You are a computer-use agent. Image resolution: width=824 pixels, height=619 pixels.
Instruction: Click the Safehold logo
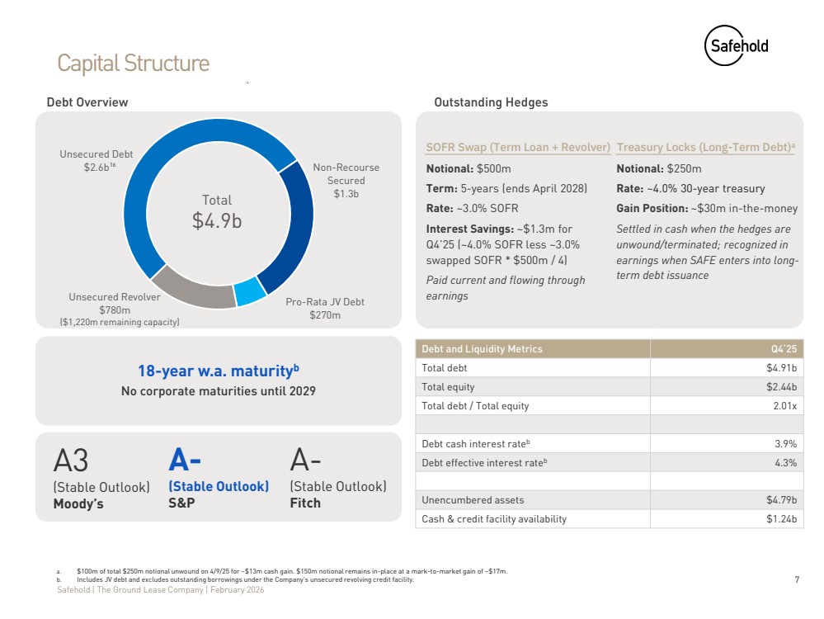[x=737, y=45]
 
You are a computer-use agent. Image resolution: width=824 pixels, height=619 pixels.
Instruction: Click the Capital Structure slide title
[x=133, y=64]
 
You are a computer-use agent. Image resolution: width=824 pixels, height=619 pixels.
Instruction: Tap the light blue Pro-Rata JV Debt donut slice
[x=250, y=291]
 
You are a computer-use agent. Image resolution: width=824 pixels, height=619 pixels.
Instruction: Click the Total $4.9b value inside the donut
[x=216, y=212]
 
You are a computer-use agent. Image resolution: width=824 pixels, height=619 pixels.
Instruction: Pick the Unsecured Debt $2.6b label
[x=97, y=160]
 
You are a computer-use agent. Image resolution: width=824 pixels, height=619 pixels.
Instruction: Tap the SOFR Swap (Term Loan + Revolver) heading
[x=518, y=147]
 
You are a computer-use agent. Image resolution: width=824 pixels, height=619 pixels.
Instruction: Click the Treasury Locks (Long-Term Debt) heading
[x=706, y=147]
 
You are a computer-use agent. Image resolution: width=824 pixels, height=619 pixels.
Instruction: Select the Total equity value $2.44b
[x=781, y=387]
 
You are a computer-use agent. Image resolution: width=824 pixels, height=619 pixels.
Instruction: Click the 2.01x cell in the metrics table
[x=784, y=406]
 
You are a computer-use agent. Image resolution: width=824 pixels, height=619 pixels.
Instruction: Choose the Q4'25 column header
[x=784, y=348]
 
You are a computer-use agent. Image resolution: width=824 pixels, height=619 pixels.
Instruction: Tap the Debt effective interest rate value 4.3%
[x=785, y=463]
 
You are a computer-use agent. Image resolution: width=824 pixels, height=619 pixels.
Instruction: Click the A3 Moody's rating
[x=71, y=461]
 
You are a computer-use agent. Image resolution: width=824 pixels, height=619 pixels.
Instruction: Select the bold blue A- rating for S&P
[x=185, y=460]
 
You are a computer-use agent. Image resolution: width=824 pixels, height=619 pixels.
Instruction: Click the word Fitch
[x=305, y=503]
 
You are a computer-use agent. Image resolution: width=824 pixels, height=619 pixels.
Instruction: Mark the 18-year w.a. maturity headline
[x=219, y=371]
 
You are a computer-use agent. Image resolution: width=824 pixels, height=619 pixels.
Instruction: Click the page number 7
[x=798, y=579]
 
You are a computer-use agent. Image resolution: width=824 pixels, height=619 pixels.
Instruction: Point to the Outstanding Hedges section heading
[x=491, y=102]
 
